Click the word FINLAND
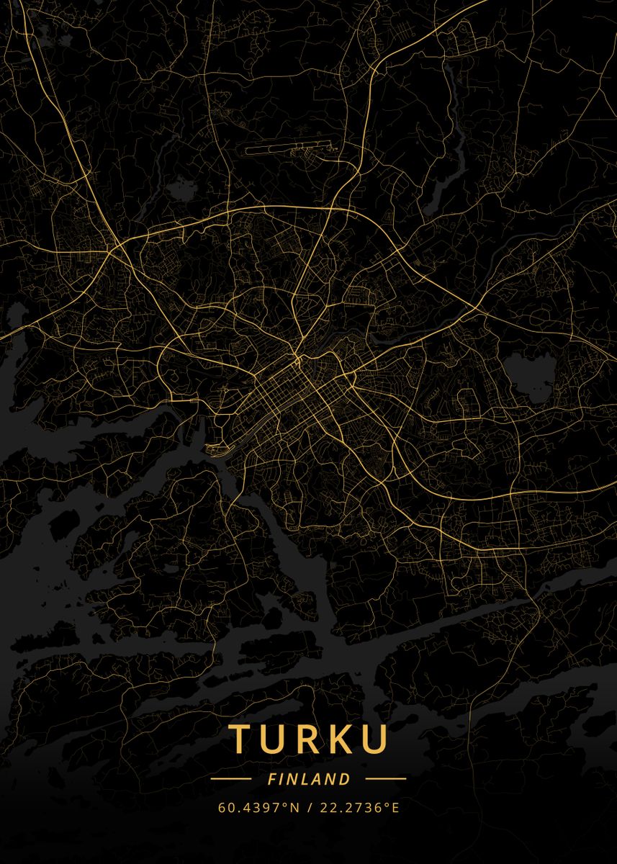click(x=308, y=779)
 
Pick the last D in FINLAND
click(x=346, y=779)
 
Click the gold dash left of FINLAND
click(x=230, y=779)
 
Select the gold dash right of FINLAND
click(x=386, y=779)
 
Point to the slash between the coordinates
click(x=308, y=808)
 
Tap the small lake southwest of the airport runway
click(x=181, y=190)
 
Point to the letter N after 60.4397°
click(x=294, y=808)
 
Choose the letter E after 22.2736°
click(x=395, y=808)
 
